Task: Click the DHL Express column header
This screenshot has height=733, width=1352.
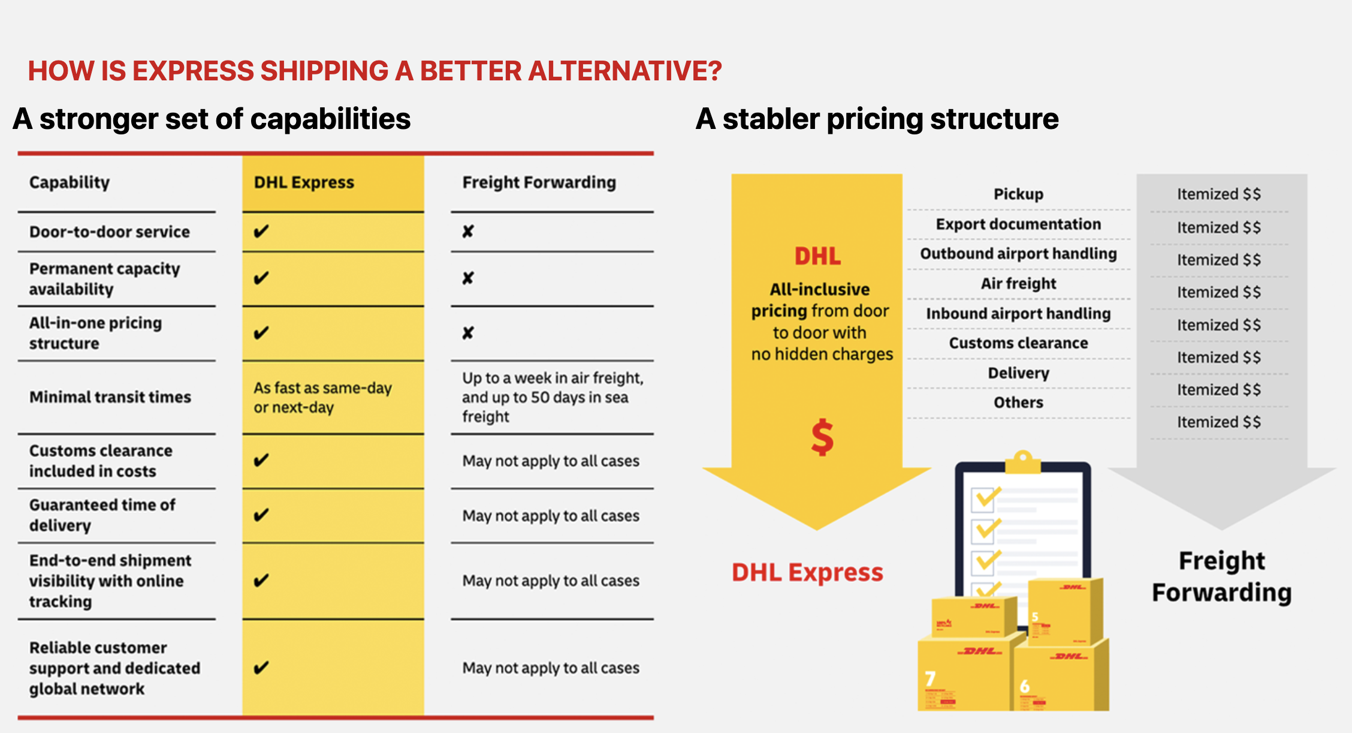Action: [304, 182]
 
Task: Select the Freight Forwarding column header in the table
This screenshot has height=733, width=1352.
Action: [539, 182]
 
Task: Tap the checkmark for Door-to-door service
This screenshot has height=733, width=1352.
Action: [261, 232]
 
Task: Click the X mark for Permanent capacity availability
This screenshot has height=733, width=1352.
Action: [468, 278]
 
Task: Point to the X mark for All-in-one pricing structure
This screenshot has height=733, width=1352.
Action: [468, 333]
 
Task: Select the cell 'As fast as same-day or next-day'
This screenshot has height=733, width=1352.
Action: [322, 397]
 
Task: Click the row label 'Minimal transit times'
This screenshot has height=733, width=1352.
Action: [110, 397]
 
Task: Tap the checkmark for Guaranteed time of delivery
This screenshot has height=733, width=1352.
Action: [261, 515]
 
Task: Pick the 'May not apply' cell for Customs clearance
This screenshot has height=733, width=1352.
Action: [551, 461]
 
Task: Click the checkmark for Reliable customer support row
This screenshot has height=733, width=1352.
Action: [261, 668]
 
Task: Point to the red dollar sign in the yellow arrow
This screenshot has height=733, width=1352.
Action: [822, 437]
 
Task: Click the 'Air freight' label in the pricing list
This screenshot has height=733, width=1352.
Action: [1018, 284]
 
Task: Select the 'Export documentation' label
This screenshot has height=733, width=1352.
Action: [1018, 224]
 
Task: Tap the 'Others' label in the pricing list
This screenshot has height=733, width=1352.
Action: [1018, 402]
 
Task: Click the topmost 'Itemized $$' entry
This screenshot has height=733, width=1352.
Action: [1219, 194]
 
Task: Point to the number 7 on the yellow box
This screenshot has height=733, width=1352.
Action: [930, 679]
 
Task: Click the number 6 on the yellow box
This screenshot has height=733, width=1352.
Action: [1025, 686]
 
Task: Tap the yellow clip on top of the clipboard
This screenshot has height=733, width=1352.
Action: [1023, 462]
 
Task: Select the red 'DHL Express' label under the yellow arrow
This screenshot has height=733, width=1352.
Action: [807, 572]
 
